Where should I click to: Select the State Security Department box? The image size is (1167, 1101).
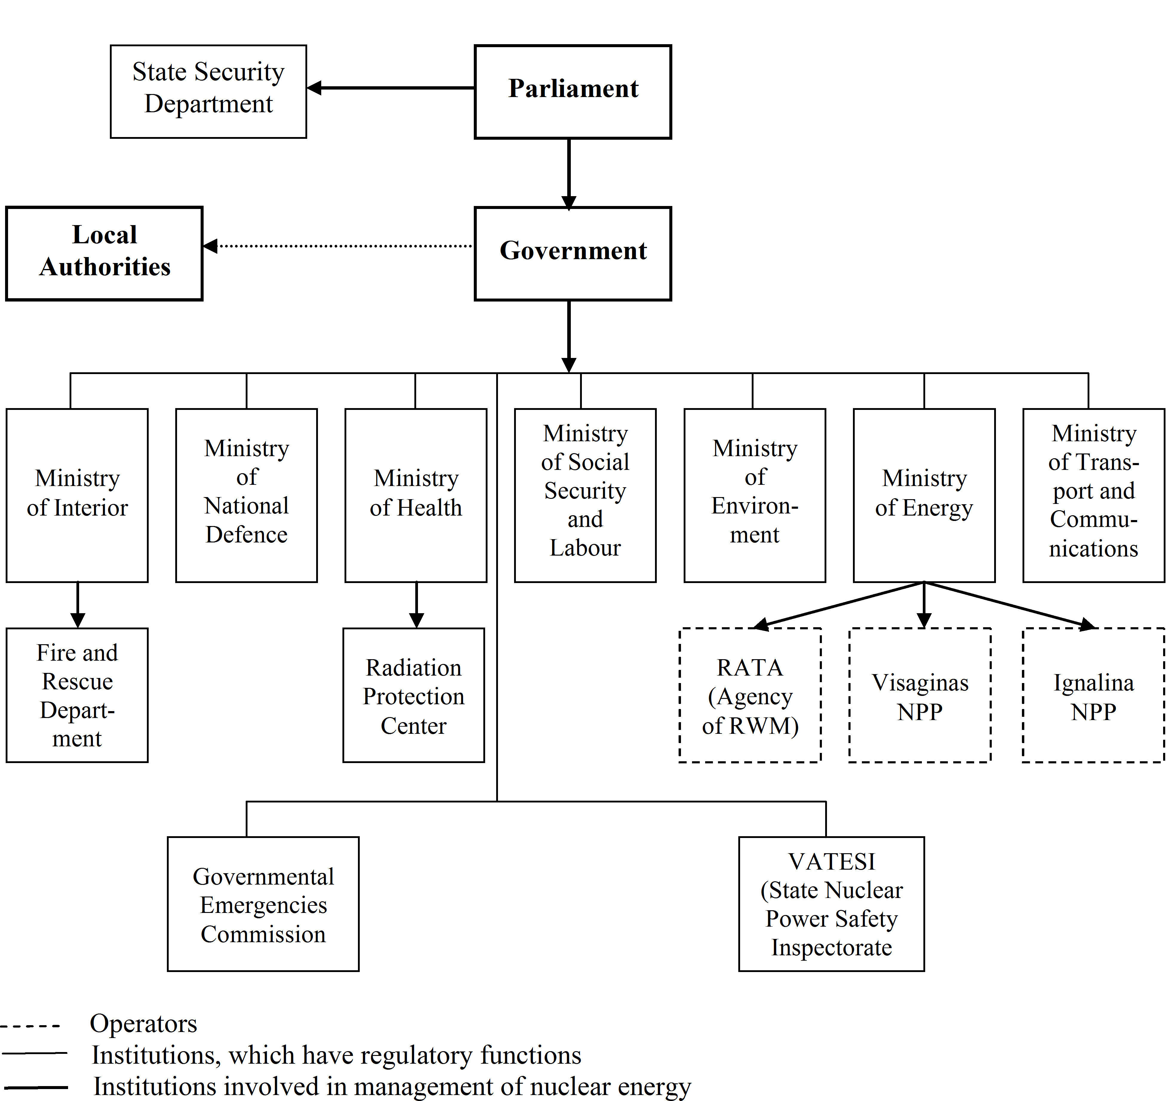(x=208, y=92)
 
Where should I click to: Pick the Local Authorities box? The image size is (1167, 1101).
(x=104, y=253)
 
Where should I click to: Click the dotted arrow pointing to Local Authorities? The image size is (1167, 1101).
(x=338, y=246)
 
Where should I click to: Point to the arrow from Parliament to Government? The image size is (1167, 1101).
(x=569, y=174)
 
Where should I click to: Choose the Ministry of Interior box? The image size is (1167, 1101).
(x=77, y=495)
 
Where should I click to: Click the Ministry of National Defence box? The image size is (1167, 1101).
(x=247, y=495)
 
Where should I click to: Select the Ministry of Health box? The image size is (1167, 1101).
(x=416, y=495)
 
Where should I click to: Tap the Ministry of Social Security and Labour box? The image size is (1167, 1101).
(x=585, y=495)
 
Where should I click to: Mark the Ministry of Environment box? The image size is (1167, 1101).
(x=755, y=495)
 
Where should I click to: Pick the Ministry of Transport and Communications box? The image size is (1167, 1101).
(x=1094, y=495)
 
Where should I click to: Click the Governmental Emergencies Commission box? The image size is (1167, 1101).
(x=263, y=904)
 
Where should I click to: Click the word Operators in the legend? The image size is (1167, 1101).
(x=143, y=1024)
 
